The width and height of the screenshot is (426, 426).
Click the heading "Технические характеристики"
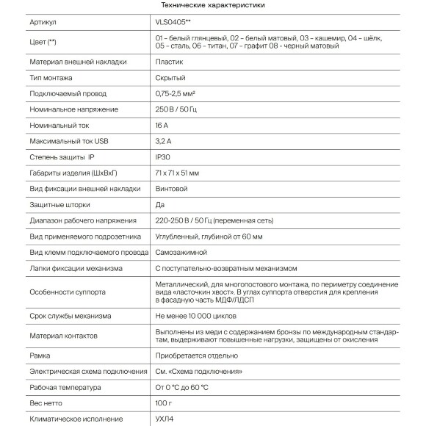click(x=212, y=5)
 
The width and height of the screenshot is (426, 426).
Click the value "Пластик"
click(x=169, y=62)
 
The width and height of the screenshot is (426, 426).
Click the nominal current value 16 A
click(x=163, y=126)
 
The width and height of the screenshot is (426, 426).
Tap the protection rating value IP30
click(x=165, y=157)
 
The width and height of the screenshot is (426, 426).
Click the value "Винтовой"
click(x=172, y=189)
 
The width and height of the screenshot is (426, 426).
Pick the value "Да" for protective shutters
click(x=160, y=205)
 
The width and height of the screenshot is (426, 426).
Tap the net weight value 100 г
click(x=165, y=403)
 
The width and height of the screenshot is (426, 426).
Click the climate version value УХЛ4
click(x=166, y=419)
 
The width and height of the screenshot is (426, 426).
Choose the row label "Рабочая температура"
click(x=65, y=387)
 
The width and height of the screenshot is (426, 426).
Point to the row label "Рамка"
click(x=41, y=355)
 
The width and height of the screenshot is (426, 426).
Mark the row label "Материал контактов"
click(x=63, y=336)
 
